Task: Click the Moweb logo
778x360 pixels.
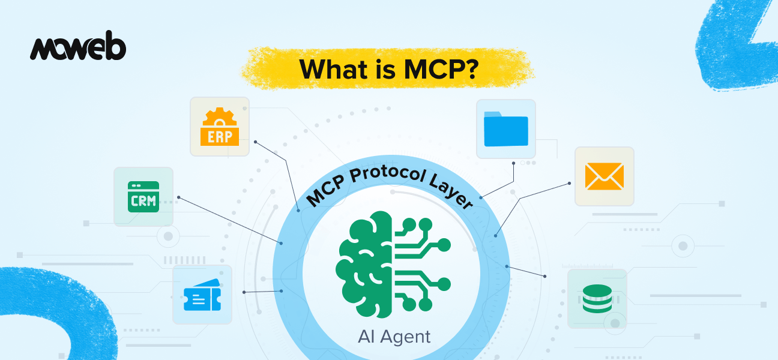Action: click(x=78, y=49)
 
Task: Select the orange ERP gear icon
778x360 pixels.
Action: click(x=220, y=127)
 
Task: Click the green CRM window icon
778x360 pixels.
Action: click(x=143, y=197)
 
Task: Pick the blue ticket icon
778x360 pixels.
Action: click(x=202, y=295)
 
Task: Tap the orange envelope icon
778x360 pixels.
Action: click(x=604, y=176)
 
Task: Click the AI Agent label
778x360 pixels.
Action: click(x=394, y=336)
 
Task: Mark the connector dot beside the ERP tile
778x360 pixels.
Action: click(x=256, y=142)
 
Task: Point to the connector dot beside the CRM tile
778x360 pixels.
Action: click(x=179, y=197)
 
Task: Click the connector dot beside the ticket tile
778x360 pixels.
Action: click(x=244, y=292)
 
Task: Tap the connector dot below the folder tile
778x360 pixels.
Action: click(x=514, y=162)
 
